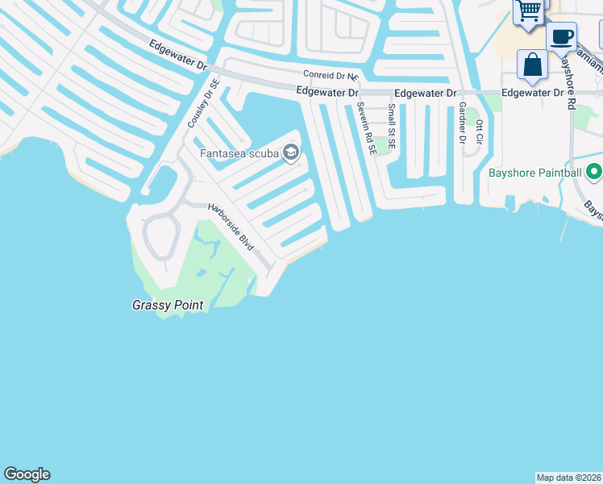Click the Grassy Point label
[168, 306]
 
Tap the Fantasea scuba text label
[239, 152]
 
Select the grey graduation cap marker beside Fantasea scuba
[291, 152]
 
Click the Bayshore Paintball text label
[534, 173]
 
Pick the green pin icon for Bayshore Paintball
[594, 172]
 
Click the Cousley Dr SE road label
[202, 104]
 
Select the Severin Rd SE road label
[364, 128]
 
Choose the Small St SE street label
[392, 126]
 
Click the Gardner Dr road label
[462, 123]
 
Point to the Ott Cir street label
[479, 131]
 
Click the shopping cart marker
[529, 12]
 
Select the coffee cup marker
[561, 36]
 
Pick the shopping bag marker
[532, 65]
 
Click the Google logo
[27, 474]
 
